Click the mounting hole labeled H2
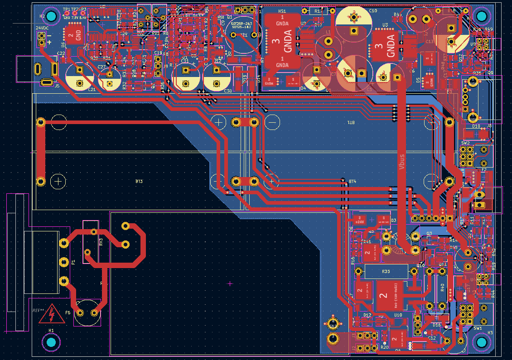[x=51, y=17]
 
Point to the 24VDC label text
[x=42, y=28]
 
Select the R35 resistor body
[x=386, y=272]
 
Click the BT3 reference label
[x=139, y=181]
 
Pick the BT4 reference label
[x=353, y=181]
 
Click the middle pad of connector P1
[x=64, y=262]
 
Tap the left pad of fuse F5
[x=80, y=312]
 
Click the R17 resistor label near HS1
[x=319, y=10]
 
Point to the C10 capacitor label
[x=373, y=10]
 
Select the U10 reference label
[x=398, y=315]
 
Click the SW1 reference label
[x=478, y=328]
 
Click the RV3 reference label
[x=101, y=242]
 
